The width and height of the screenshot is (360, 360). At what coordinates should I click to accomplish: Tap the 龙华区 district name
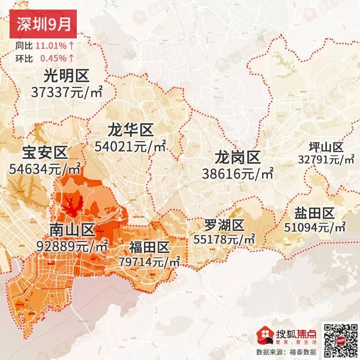point(130,130)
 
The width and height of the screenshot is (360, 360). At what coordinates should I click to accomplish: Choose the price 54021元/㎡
point(130,146)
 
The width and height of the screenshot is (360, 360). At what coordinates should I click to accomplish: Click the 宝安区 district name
point(45,153)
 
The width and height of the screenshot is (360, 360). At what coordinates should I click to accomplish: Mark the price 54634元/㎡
point(45,169)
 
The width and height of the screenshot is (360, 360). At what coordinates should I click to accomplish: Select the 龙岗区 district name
point(237,157)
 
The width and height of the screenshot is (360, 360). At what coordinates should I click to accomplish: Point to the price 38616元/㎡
point(237,173)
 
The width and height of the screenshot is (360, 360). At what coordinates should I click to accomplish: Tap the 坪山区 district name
point(326,147)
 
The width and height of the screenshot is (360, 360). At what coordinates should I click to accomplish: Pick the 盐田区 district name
point(315,214)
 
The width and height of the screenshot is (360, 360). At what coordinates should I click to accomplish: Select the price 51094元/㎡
point(315,227)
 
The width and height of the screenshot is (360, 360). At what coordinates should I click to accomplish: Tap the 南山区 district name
point(72,230)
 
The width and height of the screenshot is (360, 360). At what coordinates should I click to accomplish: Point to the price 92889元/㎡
point(72,247)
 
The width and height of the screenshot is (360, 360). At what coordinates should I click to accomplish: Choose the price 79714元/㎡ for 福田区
point(149,262)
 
